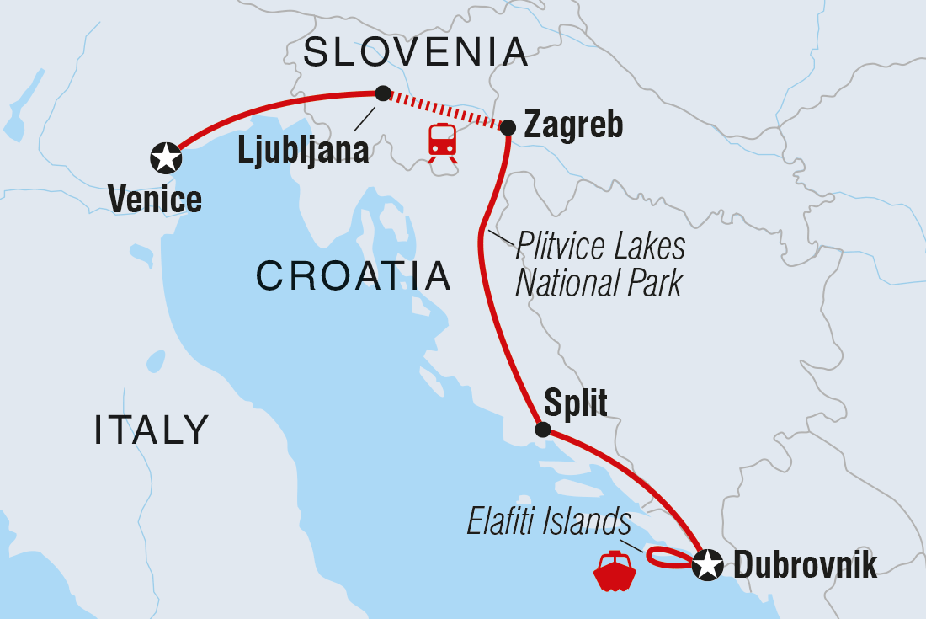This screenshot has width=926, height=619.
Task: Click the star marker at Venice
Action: point(167,157)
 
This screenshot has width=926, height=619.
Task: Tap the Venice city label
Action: point(155,200)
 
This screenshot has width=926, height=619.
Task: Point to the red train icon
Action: point(442,141)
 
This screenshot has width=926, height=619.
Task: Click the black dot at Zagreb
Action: point(508,128)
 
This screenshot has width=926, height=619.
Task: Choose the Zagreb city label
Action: point(573,125)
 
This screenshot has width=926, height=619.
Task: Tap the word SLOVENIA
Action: point(416,52)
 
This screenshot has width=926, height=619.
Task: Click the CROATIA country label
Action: point(354,275)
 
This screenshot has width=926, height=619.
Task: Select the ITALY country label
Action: point(152,430)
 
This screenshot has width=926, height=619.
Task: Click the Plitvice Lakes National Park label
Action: point(599,265)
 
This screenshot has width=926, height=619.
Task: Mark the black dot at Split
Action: point(543,430)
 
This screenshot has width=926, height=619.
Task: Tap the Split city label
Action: point(576,403)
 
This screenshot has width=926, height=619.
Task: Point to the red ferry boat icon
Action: point(615,572)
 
